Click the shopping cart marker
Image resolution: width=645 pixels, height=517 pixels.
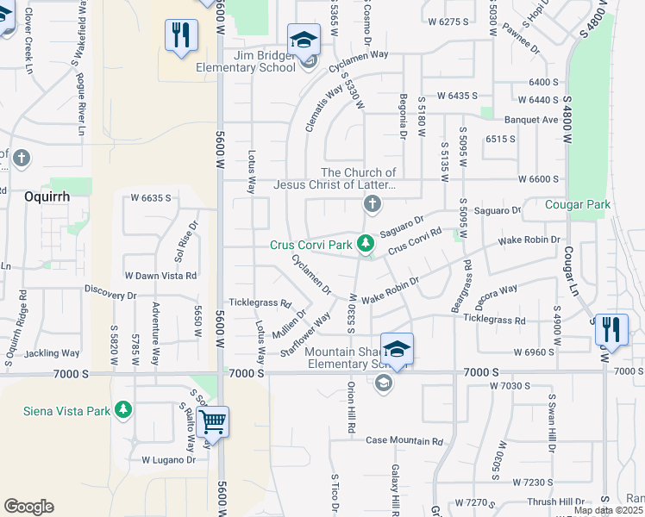(212, 422)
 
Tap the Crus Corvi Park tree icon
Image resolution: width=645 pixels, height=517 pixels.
(366, 245)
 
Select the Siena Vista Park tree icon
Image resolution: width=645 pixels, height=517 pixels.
(124, 410)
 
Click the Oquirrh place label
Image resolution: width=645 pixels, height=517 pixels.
(47, 196)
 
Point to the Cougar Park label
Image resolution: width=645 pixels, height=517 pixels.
(578, 205)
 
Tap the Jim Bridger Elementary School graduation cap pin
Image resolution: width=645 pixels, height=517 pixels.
(304, 40)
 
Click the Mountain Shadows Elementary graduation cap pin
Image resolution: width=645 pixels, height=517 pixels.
(397, 349)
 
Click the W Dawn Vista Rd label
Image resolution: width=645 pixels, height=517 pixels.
(161, 276)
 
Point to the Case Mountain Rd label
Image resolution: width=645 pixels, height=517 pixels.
(404, 441)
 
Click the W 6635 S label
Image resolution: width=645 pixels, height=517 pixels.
(151, 198)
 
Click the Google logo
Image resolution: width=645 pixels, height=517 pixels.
(28, 507)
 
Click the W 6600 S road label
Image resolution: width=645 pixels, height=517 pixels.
(539, 179)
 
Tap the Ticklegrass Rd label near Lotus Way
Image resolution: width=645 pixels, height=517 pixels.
(260, 302)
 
